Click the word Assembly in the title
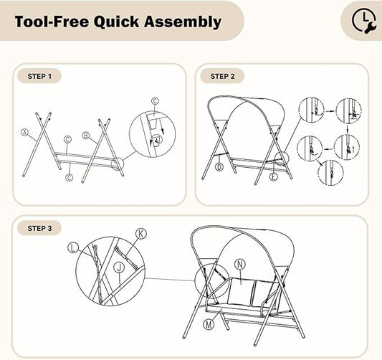tap(183, 22)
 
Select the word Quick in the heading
tap(116, 22)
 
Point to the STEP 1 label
tap(39, 76)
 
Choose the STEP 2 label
tap(222, 76)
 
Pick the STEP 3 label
tap(39, 228)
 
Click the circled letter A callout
tap(24, 133)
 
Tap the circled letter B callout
tap(86, 136)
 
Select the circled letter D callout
tap(219, 166)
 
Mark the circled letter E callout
tap(274, 176)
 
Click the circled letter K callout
tap(141, 234)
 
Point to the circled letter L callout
tap(73, 248)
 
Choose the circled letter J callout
tap(119, 267)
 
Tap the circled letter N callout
tap(240, 265)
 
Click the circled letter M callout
tap(209, 324)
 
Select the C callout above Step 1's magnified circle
tap(155, 100)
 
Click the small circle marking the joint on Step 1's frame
tap(118, 164)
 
